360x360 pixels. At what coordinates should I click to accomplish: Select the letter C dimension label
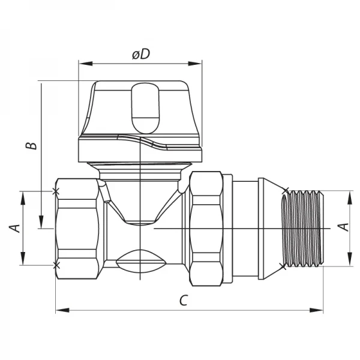184,300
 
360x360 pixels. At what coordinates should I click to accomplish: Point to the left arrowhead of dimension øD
82,62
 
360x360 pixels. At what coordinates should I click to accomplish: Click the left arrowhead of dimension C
58,310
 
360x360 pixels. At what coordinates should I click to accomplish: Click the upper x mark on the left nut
56,191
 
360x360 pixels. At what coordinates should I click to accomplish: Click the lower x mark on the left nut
56,265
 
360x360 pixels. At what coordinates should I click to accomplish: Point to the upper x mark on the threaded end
284,192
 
